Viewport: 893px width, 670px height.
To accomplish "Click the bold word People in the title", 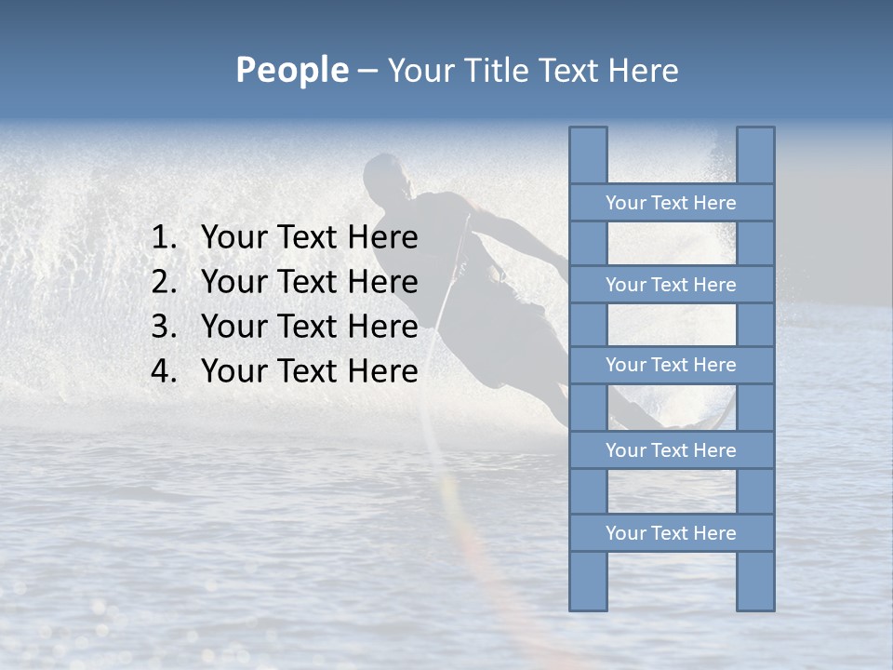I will pyautogui.click(x=291, y=70).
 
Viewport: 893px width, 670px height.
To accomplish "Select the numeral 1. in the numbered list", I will pyautogui.click(x=164, y=238).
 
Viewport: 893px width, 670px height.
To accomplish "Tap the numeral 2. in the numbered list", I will pyautogui.click(x=164, y=282).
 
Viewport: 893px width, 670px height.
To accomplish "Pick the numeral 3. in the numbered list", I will pyautogui.click(x=164, y=327).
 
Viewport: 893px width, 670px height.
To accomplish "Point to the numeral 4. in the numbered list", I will pyautogui.click(x=164, y=371).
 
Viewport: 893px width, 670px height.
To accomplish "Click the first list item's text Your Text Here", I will pyautogui.click(x=309, y=238).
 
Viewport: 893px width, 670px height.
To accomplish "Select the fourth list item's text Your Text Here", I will pyautogui.click(x=309, y=371).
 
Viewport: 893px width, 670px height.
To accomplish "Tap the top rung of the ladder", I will pyautogui.click(x=671, y=203).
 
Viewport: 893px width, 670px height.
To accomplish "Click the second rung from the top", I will pyautogui.click(x=671, y=285).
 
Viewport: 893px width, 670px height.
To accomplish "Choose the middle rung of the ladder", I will pyautogui.click(x=671, y=366).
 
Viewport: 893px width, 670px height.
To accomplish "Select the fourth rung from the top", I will pyautogui.click(x=671, y=450).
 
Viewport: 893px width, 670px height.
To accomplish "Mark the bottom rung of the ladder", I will pyautogui.click(x=671, y=533).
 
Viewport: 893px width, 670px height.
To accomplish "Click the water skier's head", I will pyautogui.click(x=384, y=176).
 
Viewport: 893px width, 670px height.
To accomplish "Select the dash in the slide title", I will pyautogui.click(x=367, y=72).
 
